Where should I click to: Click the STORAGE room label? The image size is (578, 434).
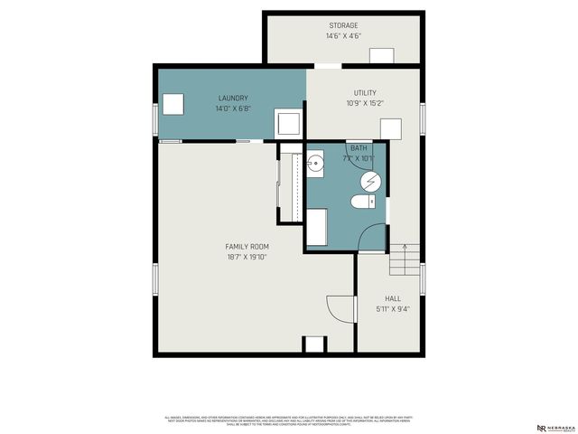point(342,25)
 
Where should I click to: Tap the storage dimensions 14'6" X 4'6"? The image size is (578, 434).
point(342,36)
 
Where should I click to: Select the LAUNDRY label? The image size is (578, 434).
point(232,98)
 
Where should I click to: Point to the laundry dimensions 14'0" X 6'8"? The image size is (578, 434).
point(232,108)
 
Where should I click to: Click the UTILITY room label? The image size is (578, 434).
point(365,92)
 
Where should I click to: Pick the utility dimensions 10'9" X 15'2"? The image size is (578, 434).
point(365,103)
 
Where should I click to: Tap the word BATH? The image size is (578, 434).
point(359,147)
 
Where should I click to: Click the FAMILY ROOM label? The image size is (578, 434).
point(247,246)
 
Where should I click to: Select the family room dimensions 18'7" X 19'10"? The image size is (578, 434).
point(247,257)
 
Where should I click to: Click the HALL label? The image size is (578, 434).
point(393,297)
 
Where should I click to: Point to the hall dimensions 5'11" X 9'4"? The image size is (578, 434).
point(393,308)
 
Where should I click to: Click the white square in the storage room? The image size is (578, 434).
point(382,56)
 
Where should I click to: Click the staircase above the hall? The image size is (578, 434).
point(406,262)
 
